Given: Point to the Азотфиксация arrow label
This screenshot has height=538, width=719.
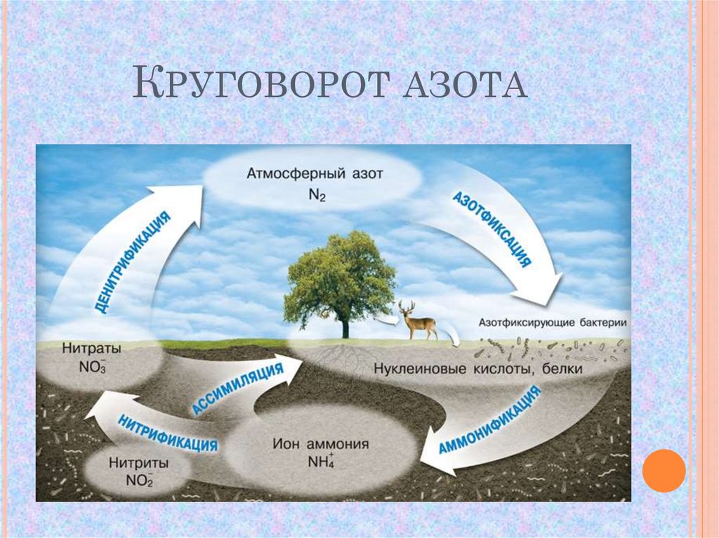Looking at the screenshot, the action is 491,228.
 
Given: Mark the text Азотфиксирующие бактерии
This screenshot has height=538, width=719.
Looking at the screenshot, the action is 552,323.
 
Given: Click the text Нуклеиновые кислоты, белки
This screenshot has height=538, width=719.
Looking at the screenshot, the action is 477,368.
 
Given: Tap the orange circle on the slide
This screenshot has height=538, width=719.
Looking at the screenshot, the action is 664,471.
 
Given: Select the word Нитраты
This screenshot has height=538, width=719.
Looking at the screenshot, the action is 91,348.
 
